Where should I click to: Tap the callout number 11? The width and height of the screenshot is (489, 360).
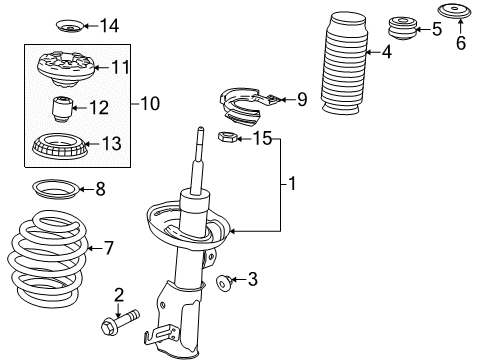121,68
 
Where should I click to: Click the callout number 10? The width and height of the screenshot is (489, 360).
149,102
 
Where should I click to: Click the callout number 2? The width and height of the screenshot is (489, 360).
119,294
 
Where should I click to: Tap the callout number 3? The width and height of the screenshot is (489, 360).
252,280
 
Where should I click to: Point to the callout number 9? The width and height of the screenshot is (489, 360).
302,98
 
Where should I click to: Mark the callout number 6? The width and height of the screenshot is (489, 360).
461,42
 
